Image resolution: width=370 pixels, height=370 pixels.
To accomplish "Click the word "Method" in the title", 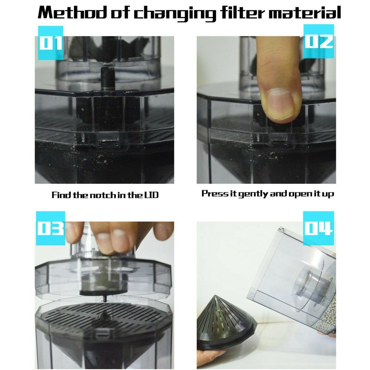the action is (x=72, y=13).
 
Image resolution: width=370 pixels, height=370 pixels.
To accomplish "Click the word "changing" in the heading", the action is (x=175, y=14).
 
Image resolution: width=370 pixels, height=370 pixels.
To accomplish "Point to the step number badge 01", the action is (x=50, y=43).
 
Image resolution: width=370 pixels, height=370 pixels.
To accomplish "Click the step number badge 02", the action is (x=319, y=41).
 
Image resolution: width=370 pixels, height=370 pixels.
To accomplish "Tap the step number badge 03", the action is (x=50, y=228).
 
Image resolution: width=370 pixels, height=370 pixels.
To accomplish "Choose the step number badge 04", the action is (x=319, y=228).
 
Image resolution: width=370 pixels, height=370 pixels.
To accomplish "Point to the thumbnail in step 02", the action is (x=281, y=104).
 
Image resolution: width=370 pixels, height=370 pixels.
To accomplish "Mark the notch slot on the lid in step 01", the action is (x=108, y=142).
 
